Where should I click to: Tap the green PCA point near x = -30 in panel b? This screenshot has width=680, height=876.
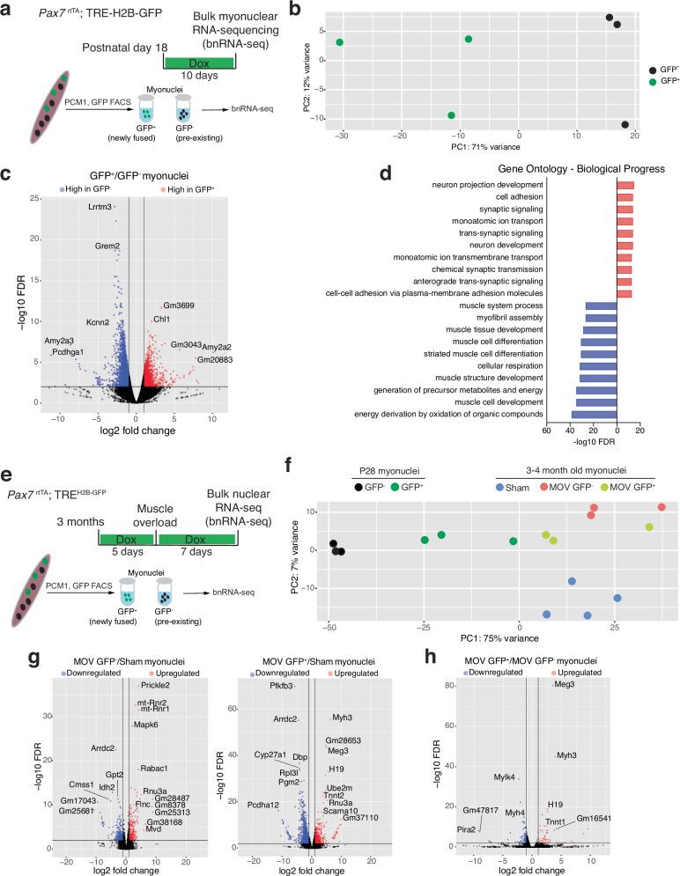tap(339, 42)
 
